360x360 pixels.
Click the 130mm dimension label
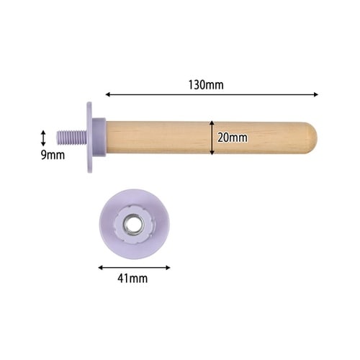click(206, 85)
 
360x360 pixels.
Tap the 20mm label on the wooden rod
click(233, 138)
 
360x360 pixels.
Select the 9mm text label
click(53, 155)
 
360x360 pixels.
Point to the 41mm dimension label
click(132, 279)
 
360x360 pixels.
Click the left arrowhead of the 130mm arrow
click(107, 94)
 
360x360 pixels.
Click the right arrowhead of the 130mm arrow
click(316, 94)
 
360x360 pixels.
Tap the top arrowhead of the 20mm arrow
click(212, 122)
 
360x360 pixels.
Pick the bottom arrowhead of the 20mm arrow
click(212, 153)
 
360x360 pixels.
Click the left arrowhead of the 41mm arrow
click(100, 268)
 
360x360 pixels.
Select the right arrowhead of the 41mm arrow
click(168, 268)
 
